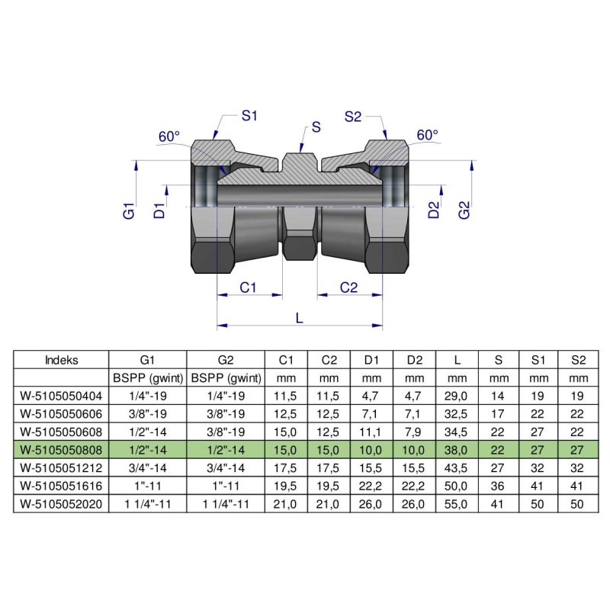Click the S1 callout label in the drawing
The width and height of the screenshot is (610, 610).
tap(249, 117)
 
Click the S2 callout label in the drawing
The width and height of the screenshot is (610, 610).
tap(352, 117)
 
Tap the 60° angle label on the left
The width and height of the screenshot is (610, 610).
tap(169, 136)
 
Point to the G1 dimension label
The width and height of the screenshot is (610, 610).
tap(130, 210)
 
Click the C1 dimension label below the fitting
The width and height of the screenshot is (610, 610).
tap(249, 287)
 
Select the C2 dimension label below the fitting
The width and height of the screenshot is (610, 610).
tap(349, 287)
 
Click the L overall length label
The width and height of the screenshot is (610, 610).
tap(299, 319)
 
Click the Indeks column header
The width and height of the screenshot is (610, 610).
tap(62, 359)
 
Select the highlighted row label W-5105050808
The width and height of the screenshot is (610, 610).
tap(62, 448)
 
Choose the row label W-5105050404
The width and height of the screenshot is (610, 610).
tap(62, 395)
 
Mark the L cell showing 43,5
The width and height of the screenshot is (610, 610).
tap(457, 467)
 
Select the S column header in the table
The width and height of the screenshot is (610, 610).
tap(499, 359)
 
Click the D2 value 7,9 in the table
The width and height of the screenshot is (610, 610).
tap(415, 431)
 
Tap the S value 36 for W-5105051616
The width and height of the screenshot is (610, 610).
tap(499, 484)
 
